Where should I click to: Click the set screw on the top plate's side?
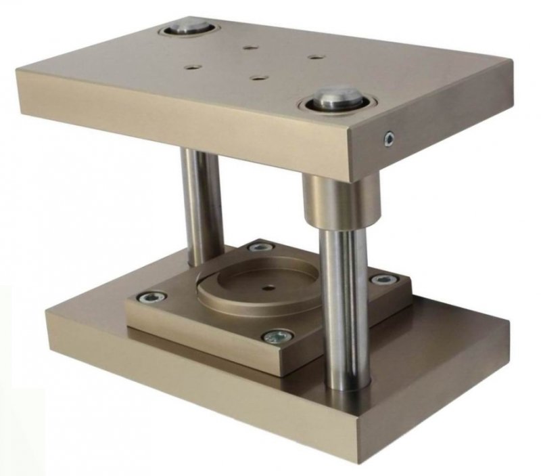[388, 139]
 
